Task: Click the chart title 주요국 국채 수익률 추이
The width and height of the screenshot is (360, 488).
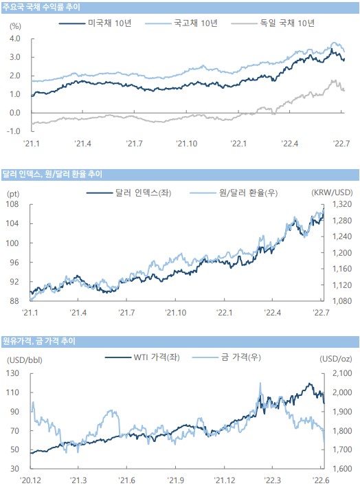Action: tap(41, 7)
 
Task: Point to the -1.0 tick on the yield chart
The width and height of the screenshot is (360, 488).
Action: tap(13, 131)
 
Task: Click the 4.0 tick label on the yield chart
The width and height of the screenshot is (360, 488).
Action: tap(14, 38)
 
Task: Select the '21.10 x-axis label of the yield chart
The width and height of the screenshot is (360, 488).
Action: tap(186, 144)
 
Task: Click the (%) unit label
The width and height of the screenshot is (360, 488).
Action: tap(15, 26)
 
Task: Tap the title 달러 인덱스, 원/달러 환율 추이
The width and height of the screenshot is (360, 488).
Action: tap(52, 174)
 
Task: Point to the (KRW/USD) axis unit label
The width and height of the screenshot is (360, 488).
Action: tap(332, 192)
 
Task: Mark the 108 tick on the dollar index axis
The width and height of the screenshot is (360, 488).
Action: tap(12, 204)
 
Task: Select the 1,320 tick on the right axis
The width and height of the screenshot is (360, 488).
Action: tap(342, 204)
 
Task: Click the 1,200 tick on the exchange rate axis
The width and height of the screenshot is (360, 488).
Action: tap(342, 253)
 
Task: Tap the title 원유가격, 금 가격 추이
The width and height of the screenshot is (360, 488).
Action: tap(39, 341)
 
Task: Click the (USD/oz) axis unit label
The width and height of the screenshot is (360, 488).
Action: tap(336, 359)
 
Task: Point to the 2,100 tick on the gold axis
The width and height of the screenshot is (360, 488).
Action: tap(342, 373)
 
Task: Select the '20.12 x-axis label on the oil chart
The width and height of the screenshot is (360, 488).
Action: tap(30, 480)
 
